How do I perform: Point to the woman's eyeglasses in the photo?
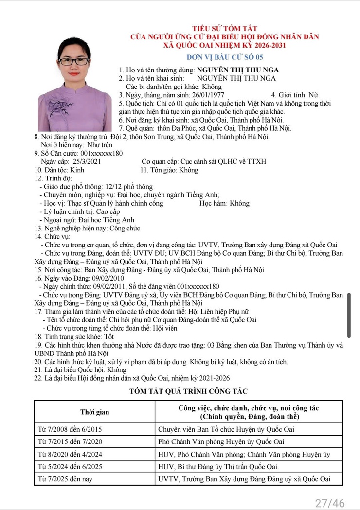(74, 62)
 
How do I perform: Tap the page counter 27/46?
(330, 502)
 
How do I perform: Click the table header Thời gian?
(94, 412)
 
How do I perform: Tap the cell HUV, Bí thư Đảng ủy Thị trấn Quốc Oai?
(218, 467)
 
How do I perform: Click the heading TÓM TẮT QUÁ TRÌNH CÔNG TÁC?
(188, 391)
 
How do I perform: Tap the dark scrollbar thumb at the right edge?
(349, 315)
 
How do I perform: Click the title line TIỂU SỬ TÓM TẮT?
(225, 29)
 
